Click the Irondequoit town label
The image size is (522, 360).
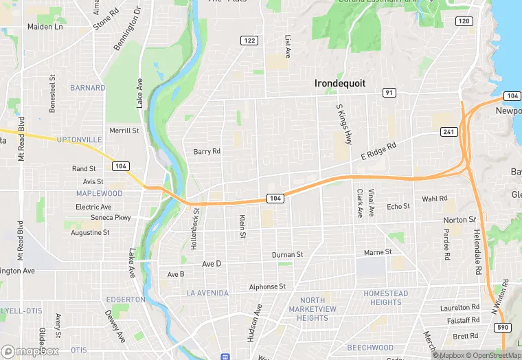(x=339, y=83)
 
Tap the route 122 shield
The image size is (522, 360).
(x=249, y=41)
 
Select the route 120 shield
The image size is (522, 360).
(x=464, y=21)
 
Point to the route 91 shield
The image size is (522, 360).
(x=389, y=93)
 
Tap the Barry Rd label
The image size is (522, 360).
(x=207, y=152)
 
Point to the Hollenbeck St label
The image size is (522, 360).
(x=195, y=227)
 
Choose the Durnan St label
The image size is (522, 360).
(x=287, y=255)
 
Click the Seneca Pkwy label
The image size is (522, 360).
(x=111, y=218)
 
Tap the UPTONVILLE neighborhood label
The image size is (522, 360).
(x=79, y=139)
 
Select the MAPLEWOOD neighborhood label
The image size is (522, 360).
(x=99, y=193)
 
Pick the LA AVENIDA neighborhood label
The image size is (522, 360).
(x=207, y=293)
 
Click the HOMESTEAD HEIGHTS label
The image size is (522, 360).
(x=386, y=298)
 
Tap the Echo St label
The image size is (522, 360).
(x=398, y=206)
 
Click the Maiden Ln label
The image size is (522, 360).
(x=45, y=27)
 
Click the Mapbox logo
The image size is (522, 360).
(x=30, y=351)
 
